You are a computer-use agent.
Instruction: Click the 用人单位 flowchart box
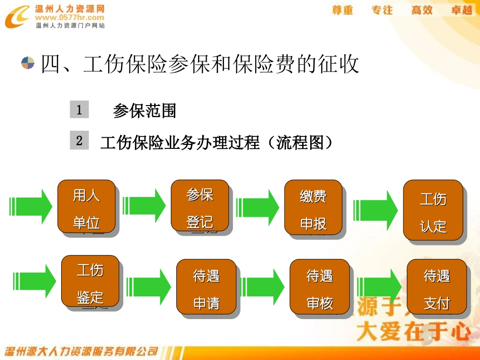pyautogui.click(x=86, y=208)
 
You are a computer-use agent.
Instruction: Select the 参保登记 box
pyautogui.click(x=200, y=207)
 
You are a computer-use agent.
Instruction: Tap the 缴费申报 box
pyautogui.click(x=313, y=208)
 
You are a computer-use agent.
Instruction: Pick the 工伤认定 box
pyautogui.click(x=433, y=211)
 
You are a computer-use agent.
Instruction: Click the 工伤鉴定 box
pyautogui.click(x=90, y=282)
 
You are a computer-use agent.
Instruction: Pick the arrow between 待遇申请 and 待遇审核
pyautogui.click(x=262, y=286)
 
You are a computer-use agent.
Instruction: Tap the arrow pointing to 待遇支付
pyautogui.click(x=379, y=286)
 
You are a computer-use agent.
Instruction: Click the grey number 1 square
pyautogui.click(x=79, y=110)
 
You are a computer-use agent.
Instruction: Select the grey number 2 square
pyautogui.click(x=79, y=140)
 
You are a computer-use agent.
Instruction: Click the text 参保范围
pyautogui.click(x=145, y=111)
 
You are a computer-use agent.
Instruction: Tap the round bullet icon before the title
pyautogui.click(x=28, y=63)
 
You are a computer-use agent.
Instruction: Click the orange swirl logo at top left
pyautogui.click(x=17, y=17)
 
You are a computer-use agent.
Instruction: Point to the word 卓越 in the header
pyautogui.click(x=461, y=10)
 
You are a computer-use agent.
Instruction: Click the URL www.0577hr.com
pyautogui.click(x=70, y=17)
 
